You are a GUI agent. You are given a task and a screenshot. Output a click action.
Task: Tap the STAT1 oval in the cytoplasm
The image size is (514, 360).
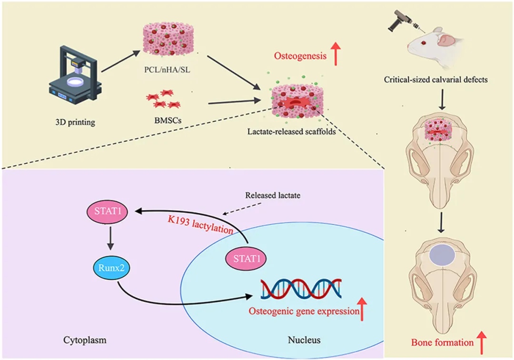pos(109,213)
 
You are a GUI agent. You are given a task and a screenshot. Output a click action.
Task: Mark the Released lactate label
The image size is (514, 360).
pos(273,195)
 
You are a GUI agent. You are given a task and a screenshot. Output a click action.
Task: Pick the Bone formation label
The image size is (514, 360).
pos(442,342)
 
